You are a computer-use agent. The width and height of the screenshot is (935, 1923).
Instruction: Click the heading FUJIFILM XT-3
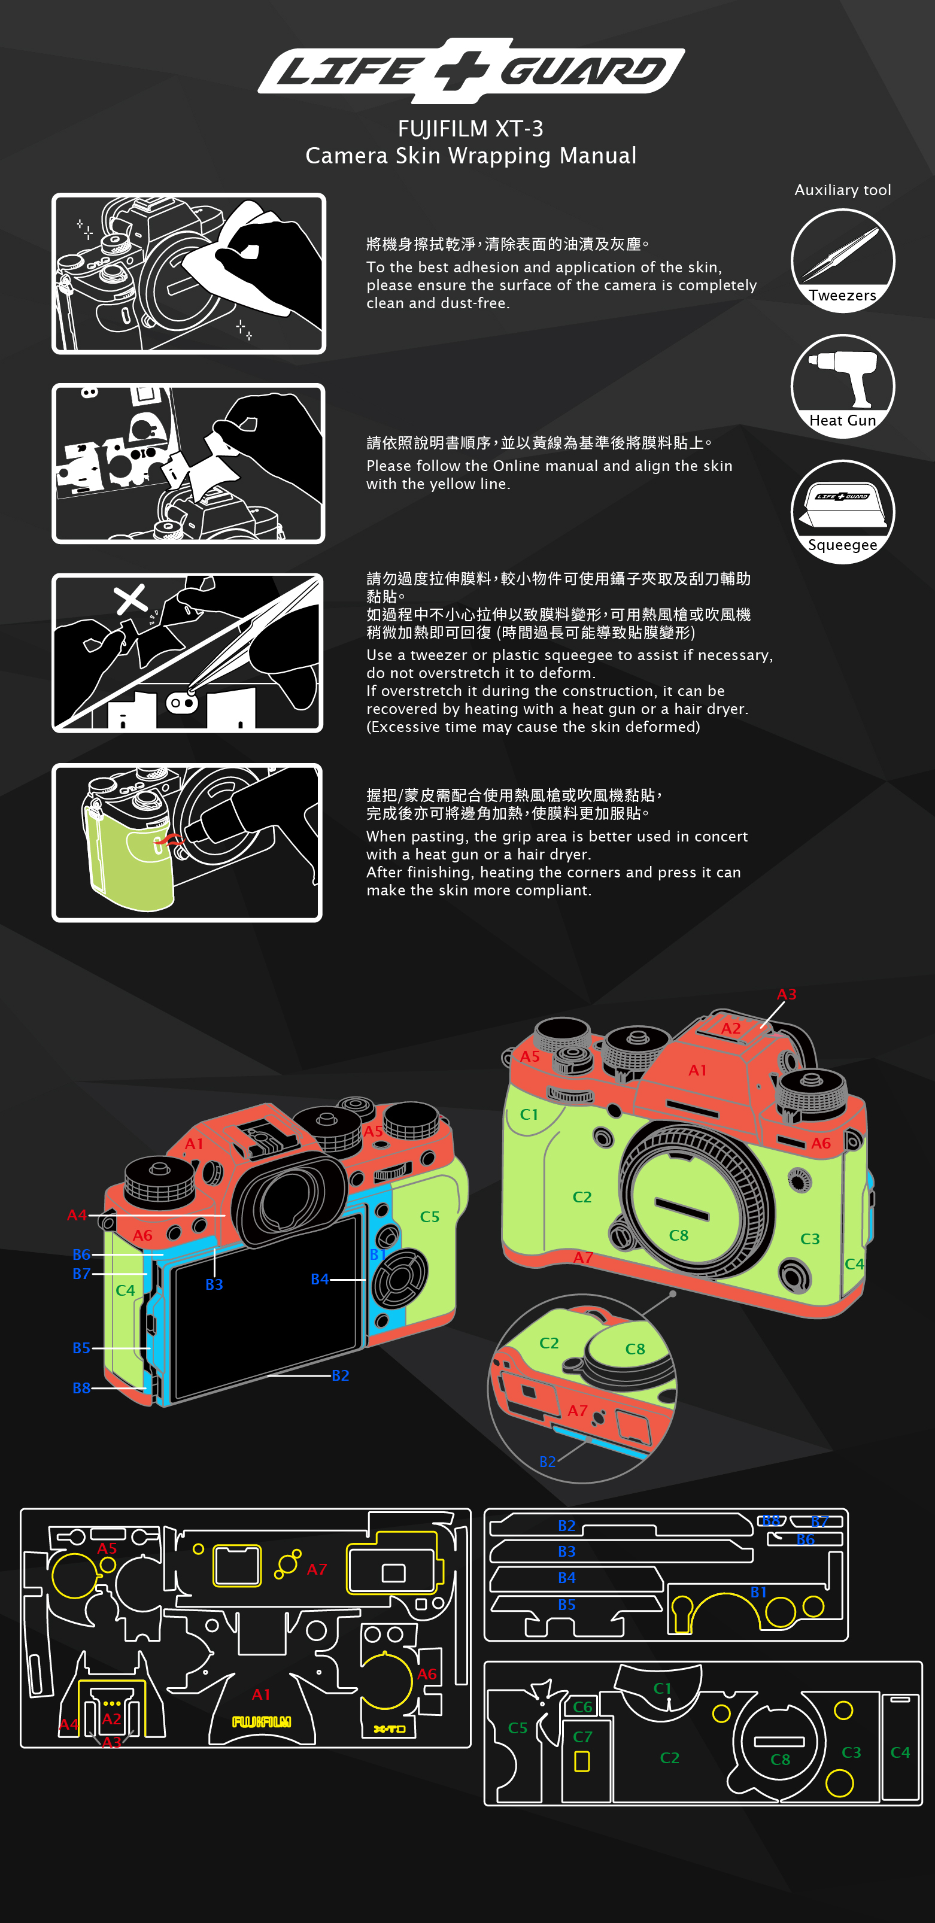470,129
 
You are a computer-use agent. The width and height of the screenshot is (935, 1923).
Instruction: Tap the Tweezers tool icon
842,260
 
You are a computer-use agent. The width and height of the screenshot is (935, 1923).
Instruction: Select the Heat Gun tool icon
842,386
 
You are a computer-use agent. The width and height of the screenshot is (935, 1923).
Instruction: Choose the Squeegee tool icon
842,511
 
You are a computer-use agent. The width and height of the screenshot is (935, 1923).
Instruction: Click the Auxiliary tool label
842,190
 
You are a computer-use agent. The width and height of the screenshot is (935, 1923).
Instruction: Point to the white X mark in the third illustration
130,599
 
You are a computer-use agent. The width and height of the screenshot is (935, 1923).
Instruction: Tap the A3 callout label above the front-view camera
787,994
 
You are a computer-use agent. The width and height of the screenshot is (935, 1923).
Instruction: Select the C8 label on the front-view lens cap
678,1235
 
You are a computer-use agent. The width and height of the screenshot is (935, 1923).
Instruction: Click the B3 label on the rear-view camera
214,1284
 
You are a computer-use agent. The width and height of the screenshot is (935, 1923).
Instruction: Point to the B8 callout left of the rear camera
81,1388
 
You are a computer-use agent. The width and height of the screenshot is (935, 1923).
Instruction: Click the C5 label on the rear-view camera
429,1216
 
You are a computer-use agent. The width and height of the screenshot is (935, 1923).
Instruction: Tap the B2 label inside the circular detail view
547,1462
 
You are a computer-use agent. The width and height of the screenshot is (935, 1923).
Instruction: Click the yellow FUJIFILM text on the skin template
262,1722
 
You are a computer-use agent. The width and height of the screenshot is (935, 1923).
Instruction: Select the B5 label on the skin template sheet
567,1604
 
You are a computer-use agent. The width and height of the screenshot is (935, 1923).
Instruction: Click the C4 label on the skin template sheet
900,1752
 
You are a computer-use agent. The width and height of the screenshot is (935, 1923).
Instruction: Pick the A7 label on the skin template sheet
317,1569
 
